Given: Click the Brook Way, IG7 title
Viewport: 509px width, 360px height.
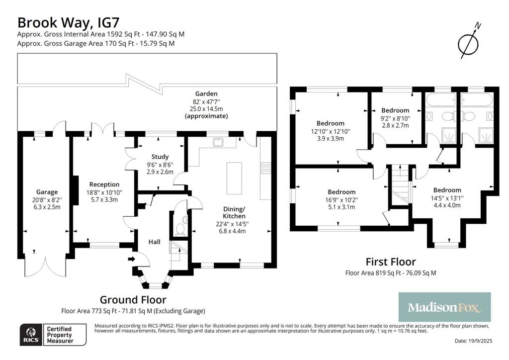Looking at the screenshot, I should (68, 22).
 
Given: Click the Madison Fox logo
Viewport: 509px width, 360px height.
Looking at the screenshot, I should (444, 307).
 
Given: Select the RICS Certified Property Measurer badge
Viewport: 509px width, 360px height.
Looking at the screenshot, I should (52, 335).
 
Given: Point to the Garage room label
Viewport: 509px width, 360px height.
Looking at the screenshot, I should (47, 192).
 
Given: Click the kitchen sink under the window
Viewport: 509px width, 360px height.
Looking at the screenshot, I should (217, 142).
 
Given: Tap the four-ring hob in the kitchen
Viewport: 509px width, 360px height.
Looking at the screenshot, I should (265, 168).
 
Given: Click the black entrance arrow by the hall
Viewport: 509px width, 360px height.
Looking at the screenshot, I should (131, 259).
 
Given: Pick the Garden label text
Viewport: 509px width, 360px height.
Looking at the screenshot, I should (206, 93).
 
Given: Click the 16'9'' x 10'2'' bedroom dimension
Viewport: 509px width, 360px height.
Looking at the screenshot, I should (341, 200).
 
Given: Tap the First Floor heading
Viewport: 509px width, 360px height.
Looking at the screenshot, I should (391, 262).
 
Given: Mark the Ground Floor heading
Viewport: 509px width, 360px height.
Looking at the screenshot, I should (133, 299).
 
